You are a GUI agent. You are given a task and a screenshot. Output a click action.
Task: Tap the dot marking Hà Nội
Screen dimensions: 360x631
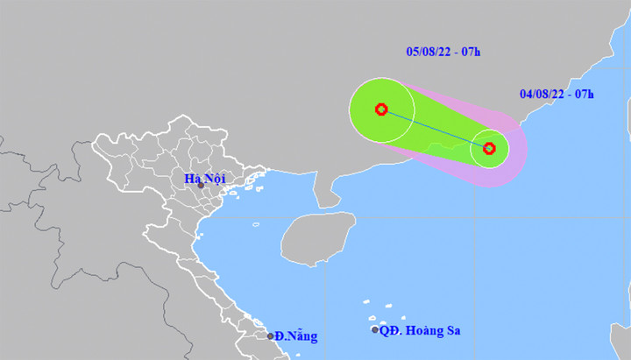pos(201,186)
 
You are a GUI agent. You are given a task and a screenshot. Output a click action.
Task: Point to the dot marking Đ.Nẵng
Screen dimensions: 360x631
pos(270,335)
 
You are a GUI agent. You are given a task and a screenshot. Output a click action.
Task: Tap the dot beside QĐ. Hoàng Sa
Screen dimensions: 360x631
pos(375,330)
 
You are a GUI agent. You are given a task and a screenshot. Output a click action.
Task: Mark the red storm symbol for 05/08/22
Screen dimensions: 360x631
pos(381,109)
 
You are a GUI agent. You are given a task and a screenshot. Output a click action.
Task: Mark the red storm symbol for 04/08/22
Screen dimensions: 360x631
pos(490,148)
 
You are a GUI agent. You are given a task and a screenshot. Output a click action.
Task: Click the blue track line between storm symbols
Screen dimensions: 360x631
pos(436,129)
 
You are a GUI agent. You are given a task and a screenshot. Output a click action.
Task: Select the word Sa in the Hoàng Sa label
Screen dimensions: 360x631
pos(452,330)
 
